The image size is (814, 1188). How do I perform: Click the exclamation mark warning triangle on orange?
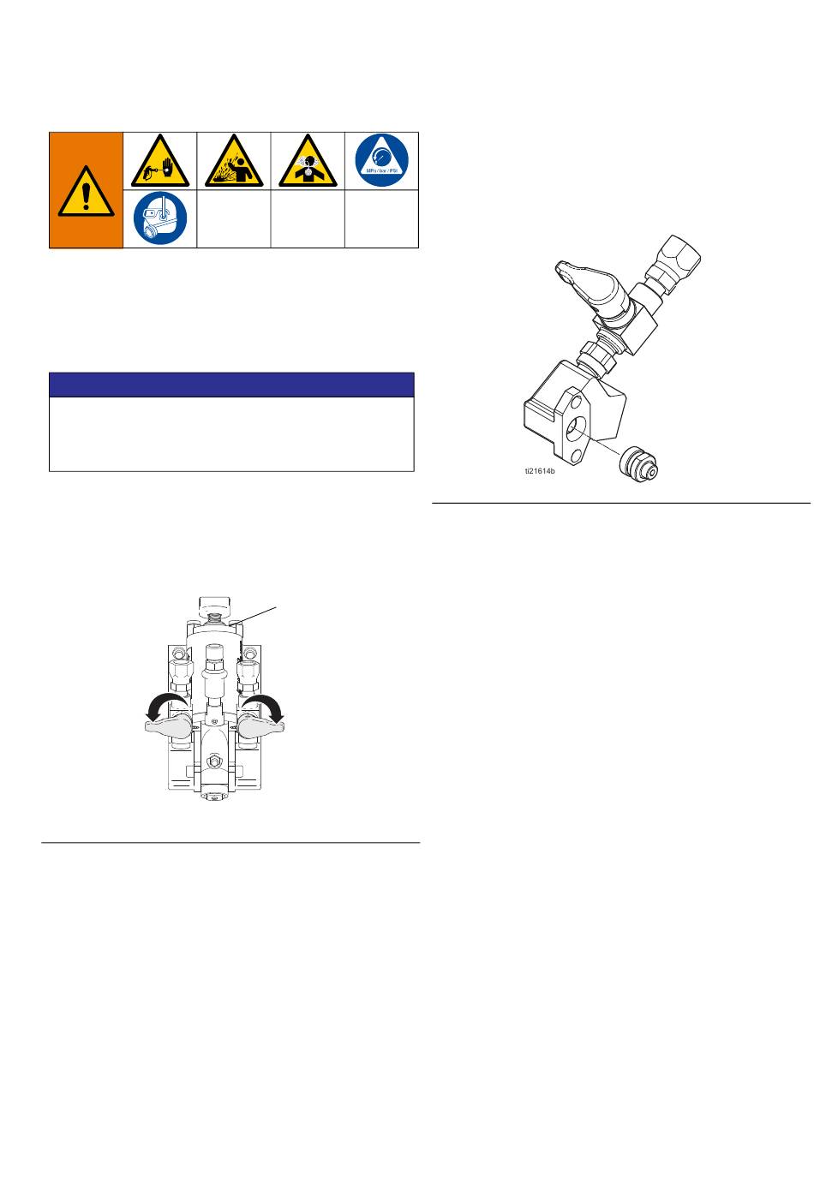pyautogui.click(x=86, y=191)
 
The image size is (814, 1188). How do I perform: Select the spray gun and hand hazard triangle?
pyautogui.click(x=159, y=161)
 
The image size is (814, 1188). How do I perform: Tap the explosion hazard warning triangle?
pyautogui.click(x=234, y=161)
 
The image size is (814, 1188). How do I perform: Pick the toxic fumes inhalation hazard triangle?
pyautogui.click(x=308, y=161)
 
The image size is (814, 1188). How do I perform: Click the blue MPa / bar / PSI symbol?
pyautogui.click(x=381, y=160)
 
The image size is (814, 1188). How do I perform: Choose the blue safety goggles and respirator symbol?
pyautogui.click(x=160, y=218)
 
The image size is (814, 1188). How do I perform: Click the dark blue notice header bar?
pyautogui.click(x=231, y=385)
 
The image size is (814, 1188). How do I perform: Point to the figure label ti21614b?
pyautogui.click(x=540, y=471)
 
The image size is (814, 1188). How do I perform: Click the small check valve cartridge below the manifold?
pyautogui.click(x=639, y=464)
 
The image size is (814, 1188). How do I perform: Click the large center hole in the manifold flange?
pyautogui.click(x=576, y=428)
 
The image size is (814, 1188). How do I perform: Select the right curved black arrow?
pyautogui.click(x=265, y=708)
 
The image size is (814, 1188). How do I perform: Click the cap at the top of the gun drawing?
pyautogui.click(x=215, y=604)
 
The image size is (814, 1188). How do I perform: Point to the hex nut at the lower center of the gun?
pyautogui.click(x=214, y=762)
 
